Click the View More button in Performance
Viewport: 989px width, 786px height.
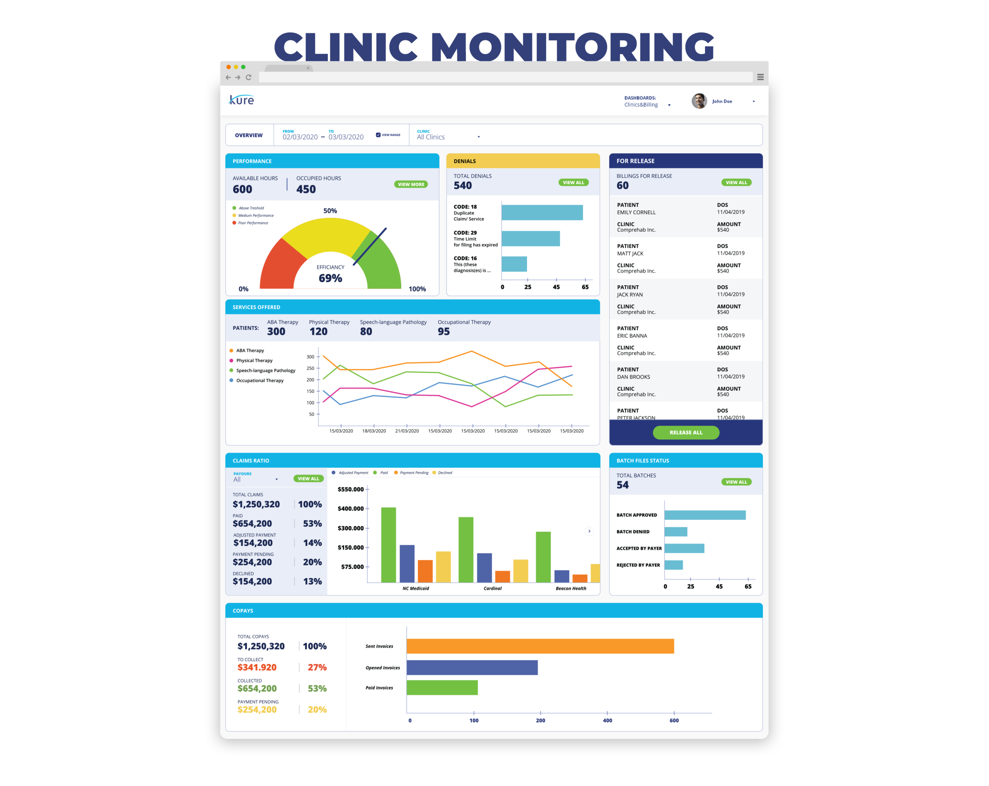[x=411, y=184]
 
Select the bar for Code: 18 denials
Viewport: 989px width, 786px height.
[x=542, y=213]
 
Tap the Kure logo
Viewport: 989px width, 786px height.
[x=241, y=100]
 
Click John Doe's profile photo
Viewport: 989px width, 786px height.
[x=699, y=101]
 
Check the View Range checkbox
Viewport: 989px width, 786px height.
[x=378, y=135]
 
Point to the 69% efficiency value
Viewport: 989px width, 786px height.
[x=330, y=278]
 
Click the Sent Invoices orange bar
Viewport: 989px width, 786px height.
[x=540, y=646]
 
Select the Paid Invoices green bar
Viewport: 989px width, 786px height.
[x=442, y=687]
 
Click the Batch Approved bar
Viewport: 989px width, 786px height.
[x=705, y=515]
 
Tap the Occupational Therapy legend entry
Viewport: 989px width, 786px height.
[x=260, y=381]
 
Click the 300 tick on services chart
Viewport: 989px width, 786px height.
[x=311, y=357]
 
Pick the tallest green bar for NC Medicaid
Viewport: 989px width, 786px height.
[x=388, y=544]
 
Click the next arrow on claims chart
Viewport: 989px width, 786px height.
[x=589, y=531]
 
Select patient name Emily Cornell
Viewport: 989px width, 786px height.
[x=636, y=213]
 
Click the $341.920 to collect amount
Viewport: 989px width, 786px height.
[x=257, y=667]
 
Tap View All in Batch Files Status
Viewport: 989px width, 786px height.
[x=736, y=482]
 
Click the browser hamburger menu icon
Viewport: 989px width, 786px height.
[x=760, y=77]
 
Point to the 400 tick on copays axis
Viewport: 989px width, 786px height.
[x=607, y=720]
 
